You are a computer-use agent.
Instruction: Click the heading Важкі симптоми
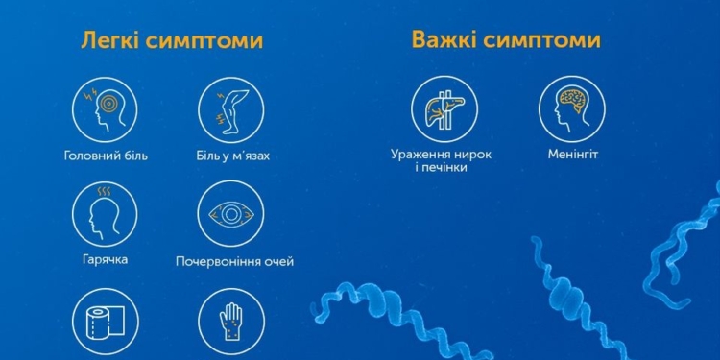click(506, 40)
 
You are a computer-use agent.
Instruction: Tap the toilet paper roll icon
click(105, 324)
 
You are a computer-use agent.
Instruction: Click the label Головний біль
click(106, 155)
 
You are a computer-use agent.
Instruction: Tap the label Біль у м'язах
click(233, 155)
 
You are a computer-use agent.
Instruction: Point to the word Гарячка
click(106, 260)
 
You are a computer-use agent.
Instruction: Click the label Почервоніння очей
click(234, 261)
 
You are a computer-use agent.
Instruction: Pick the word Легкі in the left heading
click(112, 41)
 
